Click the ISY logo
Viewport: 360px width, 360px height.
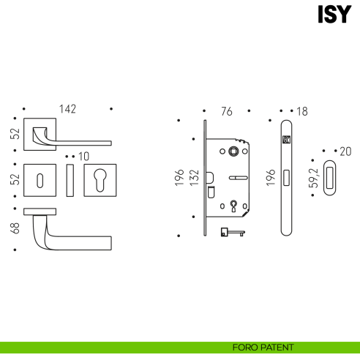(334, 14)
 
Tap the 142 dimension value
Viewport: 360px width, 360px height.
(67, 109)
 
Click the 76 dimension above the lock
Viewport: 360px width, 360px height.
(227, 111)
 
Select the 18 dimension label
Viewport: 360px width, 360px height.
(302, 111)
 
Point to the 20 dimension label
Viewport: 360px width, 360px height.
(345, 151)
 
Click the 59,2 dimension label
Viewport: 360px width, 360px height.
(314, 178)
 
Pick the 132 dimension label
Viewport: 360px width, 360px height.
(195, 178)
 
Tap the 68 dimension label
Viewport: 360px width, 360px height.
(15, 228)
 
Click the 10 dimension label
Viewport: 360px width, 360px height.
(83, 157)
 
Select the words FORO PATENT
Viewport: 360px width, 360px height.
(263, 348)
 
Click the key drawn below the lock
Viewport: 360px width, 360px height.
(233, 232)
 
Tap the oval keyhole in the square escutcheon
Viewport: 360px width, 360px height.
(40, 181)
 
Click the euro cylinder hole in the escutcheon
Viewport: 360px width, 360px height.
(100, 180)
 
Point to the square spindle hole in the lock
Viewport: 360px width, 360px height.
(233, 151)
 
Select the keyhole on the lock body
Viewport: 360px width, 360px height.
(233, 206)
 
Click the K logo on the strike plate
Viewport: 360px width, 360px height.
(286, 140)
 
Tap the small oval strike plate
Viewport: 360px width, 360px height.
(329, 178)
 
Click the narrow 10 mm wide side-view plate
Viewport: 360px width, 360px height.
(70, 180)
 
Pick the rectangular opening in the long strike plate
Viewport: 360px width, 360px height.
(286, 178)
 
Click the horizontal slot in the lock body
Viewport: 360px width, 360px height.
(238, 178)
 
